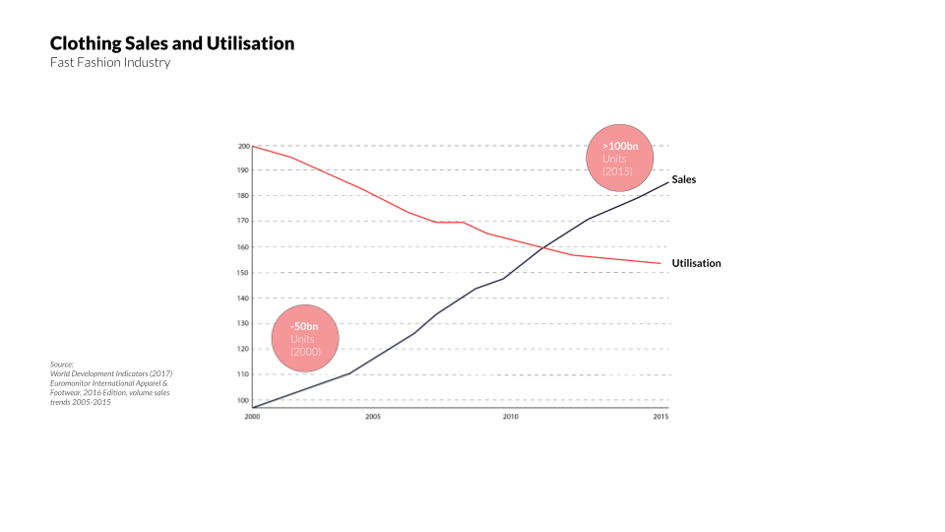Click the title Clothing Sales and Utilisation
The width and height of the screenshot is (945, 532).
[x=172, y=43]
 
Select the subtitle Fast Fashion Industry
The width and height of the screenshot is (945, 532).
[x=110, y=63]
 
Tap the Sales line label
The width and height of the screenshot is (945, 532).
[x=684, y=179]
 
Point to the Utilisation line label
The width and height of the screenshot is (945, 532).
[x=696, y=263]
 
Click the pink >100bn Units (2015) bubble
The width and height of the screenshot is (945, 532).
[x=619, y=159]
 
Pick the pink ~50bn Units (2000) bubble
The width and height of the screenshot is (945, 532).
[x=304, y=339]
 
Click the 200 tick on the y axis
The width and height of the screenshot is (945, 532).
[x=243, y=146]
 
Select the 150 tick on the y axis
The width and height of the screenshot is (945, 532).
[x=243, y=273]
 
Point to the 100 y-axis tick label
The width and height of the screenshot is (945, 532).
[x=243, y=400]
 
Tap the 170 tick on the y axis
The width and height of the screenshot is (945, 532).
[x=243, y=222]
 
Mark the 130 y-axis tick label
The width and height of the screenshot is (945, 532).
[x=243, y=324]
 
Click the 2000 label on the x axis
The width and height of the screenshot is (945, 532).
[x=252, y=417]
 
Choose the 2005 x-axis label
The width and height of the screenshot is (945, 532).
[x=373, y=417]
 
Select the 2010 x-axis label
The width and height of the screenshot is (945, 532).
[x=510, y=417]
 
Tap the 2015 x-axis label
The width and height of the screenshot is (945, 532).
[x=660, y=417]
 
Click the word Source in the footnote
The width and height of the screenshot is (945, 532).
[x=62, y=365]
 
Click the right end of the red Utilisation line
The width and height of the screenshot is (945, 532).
[x=660, y=263]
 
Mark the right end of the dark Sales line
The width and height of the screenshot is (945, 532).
[x=668, y=181]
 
